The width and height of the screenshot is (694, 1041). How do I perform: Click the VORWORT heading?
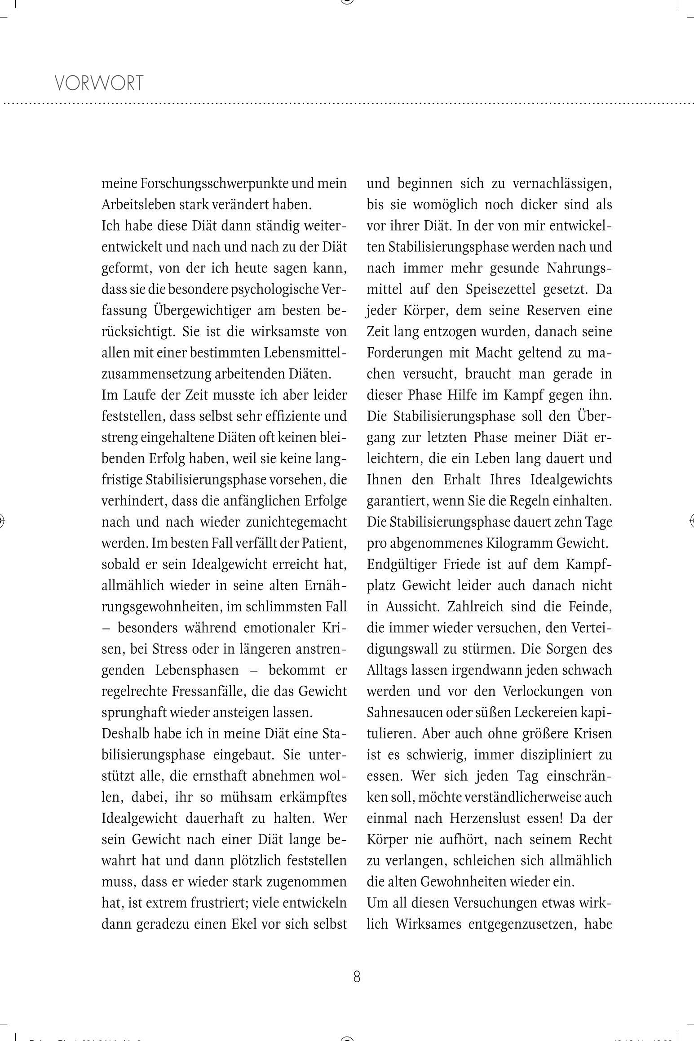pyautogui.click(x=99, y=83)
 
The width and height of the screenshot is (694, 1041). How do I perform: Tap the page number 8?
pyautogui.click(x=357, y=976)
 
